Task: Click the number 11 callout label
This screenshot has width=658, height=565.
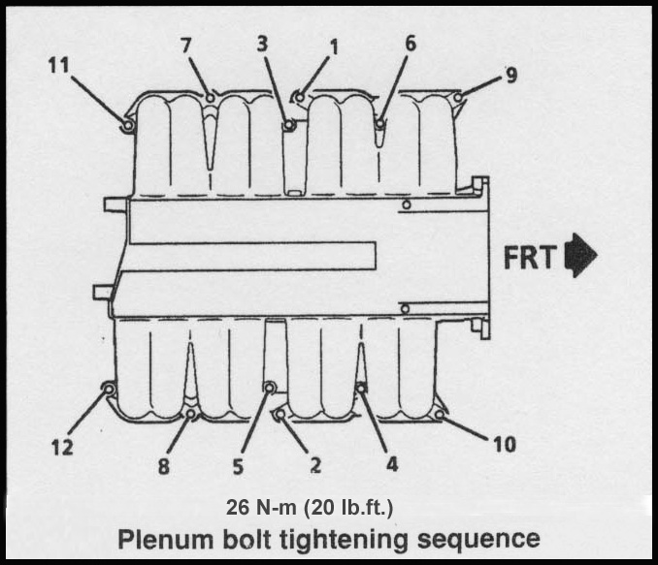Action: [x=60, y=65]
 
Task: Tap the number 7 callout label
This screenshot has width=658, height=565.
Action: [x=186, y=46]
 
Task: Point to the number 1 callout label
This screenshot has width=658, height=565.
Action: [x=334, y=46]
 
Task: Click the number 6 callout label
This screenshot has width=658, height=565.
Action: [x=411, y=46]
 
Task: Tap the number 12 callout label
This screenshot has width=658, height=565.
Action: [x=61, y=447]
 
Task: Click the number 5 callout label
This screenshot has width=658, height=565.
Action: [x=238, y=465]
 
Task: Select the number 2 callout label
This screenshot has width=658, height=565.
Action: [x=315, y=465]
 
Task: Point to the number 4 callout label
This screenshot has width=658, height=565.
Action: [x=392, y=463]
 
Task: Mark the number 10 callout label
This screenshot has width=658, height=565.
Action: [x=504, y=445]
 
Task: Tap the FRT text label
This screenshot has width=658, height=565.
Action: [x=529, y=257]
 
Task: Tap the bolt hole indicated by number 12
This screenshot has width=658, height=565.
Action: [x=109, y=390]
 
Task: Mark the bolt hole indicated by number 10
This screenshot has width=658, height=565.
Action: [x=440, y=416]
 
